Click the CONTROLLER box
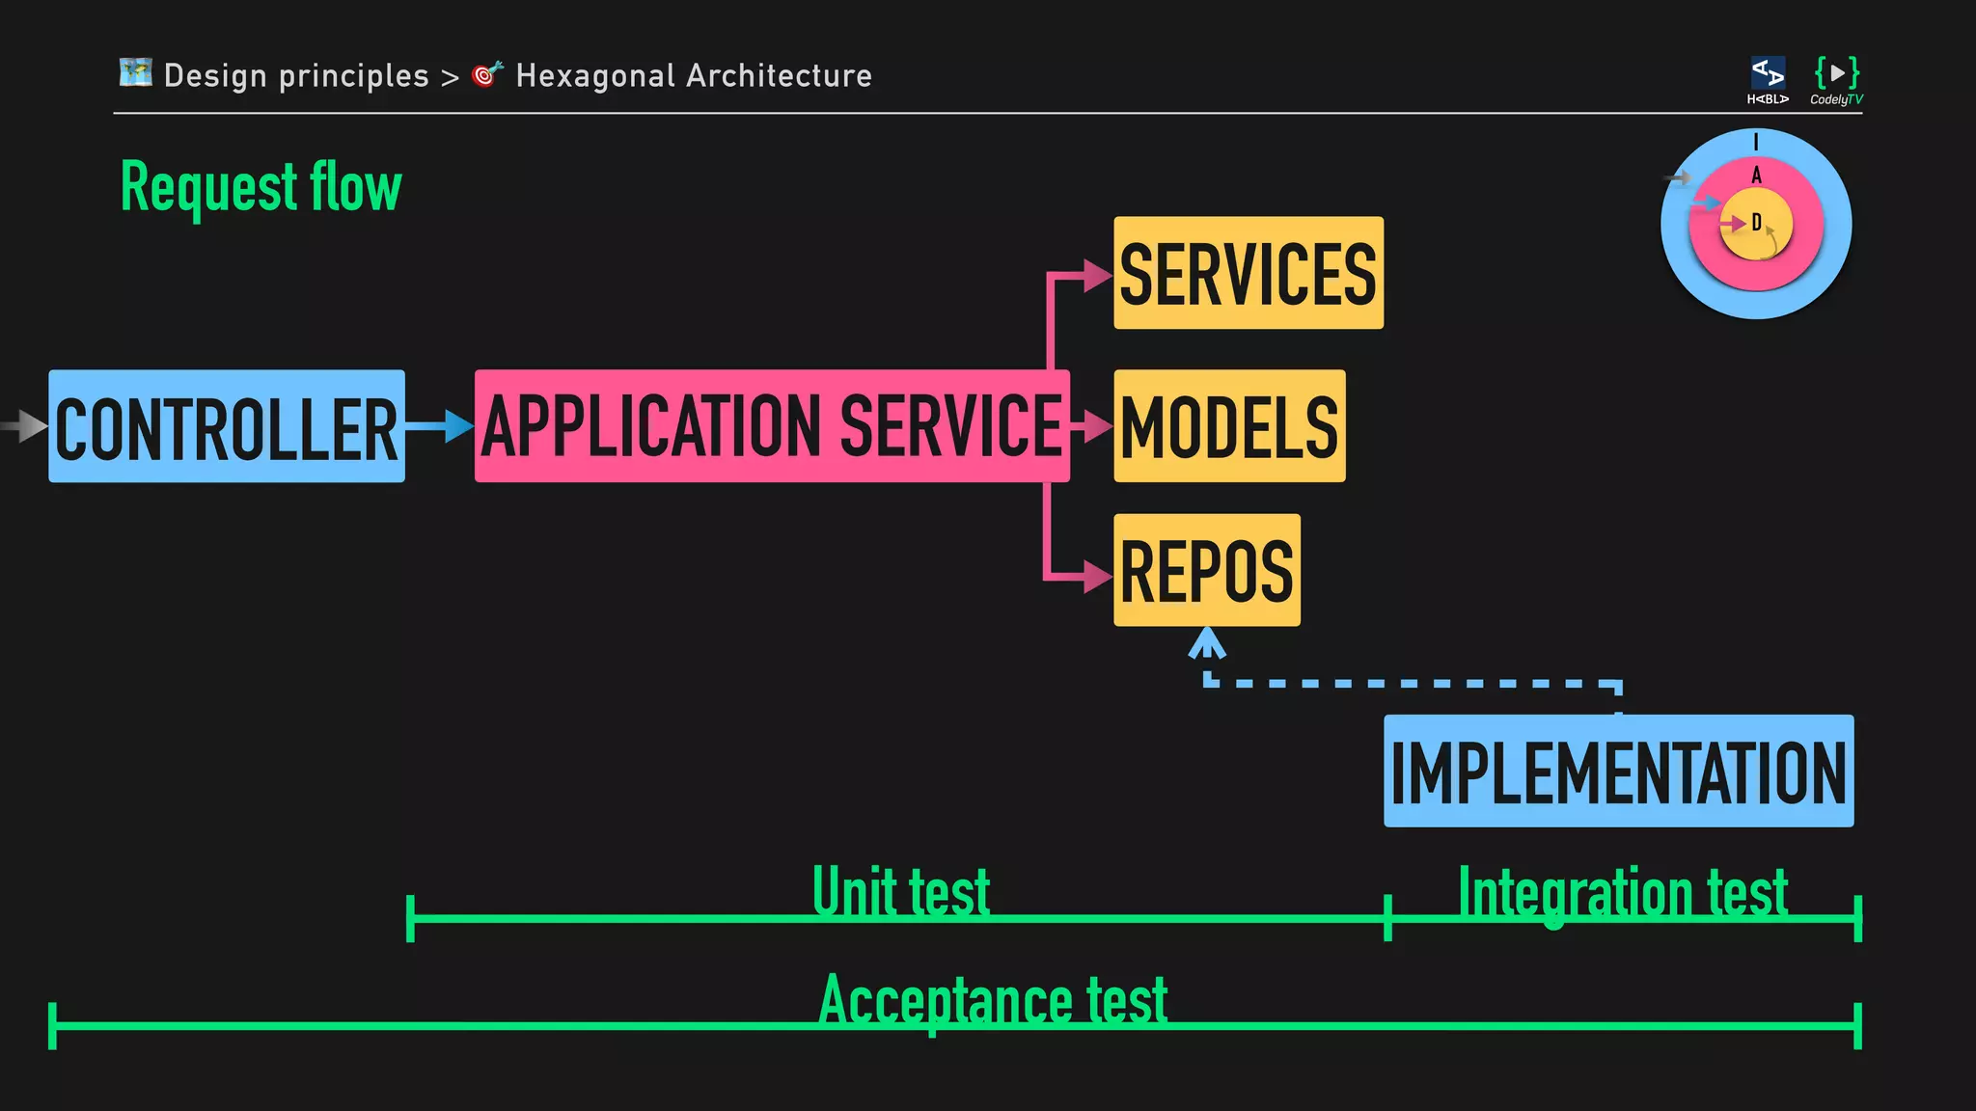pyautogui.click(x=227, y=426)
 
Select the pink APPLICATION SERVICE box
pyautogui.click(x=772, y=426)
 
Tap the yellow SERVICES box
pyautogui.click(x=1248, y=273)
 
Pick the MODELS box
pyautogui.click(x=1229, y=426)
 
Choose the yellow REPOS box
pyautogui.click(x=1206, y=570)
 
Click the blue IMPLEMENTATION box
pyautogui.click(x=1618, y=771)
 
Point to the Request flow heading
pyautogui.click(x=261, y=187)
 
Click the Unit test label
pyautogui.click(x=901, y=891)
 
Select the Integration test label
pyautogui.click(x=1623, y=892)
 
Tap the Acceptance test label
pyautogui.click(x=993, y=1000)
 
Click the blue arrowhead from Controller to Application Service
pyautogui.click(x=457, y=425)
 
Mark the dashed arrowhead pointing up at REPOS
pyautogui.click(x=1207, y=643)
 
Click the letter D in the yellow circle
pyautogui.click(x=1756, y=223)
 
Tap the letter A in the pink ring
pyautogui.click(x=1756, y=176)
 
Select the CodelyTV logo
pyautogui.click(x=1836, y=80)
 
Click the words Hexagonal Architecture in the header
pyautogui.click(x=694, y=75)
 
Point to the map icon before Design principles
pyautogui.click(x=136, y=72)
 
